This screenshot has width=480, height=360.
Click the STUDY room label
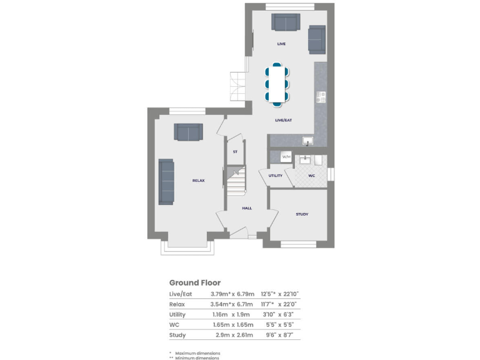pos(302,214)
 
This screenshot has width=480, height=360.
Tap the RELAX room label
pos(198,181)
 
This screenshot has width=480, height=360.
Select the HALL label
pos(247,208)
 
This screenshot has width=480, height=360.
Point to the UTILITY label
pos(276,176)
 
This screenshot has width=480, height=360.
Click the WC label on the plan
pos(312,176)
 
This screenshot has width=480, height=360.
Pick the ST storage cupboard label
pos(235,152)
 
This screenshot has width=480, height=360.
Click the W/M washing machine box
pos(286,157)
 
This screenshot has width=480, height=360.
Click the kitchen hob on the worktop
pos(321,97)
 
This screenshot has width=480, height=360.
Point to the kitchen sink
pos(307,141)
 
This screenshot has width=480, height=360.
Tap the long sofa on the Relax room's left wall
pos(166,181)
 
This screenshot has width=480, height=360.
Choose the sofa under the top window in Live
pos(286,22)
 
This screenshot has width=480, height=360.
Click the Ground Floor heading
pos(195,282)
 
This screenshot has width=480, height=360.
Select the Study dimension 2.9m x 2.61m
pos(231,336)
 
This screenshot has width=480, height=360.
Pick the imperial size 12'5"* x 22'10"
pos(282,294)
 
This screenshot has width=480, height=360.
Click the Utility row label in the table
pos(178,314)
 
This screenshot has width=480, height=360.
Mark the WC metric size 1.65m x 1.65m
pos(232,325)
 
